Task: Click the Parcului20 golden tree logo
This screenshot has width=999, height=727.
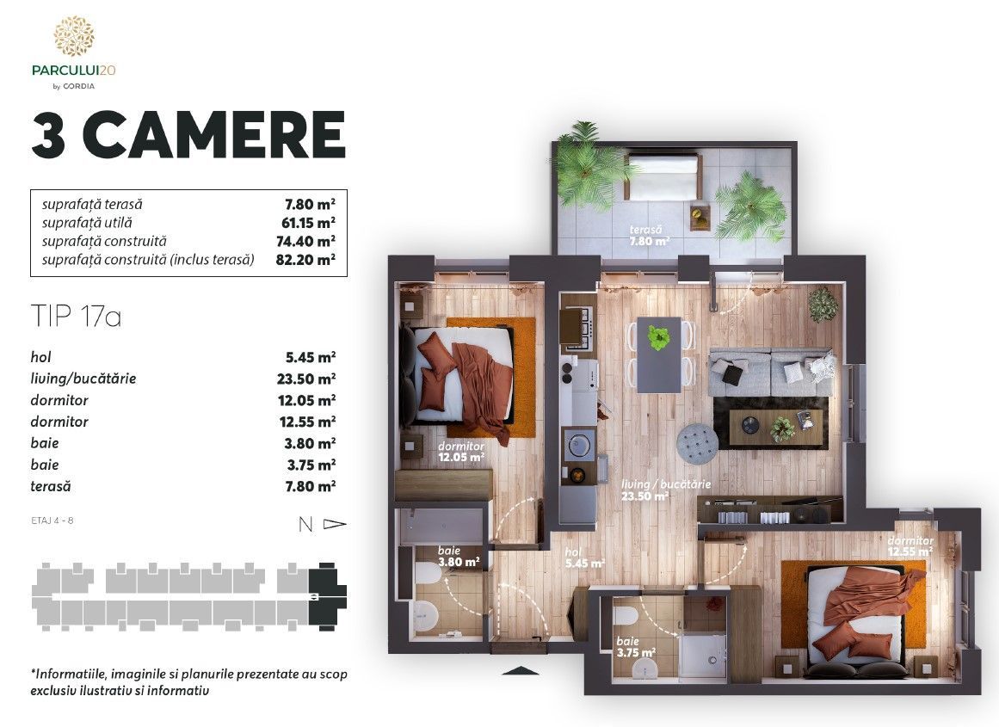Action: point(74,36)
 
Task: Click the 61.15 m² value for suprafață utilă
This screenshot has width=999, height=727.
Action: point(308,223)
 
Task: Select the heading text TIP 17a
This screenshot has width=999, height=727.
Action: point(76,316)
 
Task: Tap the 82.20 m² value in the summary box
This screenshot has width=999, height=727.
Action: point(305,259)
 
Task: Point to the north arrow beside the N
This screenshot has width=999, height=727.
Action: point(335,524)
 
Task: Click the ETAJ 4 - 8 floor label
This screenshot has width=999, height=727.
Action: point(52,521)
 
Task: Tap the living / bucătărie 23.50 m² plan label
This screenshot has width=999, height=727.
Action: point(666,490)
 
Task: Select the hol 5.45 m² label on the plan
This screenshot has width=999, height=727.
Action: point(584,558)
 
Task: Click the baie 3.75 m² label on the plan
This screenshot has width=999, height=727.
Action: point(636,647)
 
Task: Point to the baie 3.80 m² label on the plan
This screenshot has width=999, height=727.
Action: point(459,557)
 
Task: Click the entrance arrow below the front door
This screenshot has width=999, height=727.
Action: point(521,670)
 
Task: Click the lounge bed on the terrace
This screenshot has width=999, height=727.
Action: point(663,176)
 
